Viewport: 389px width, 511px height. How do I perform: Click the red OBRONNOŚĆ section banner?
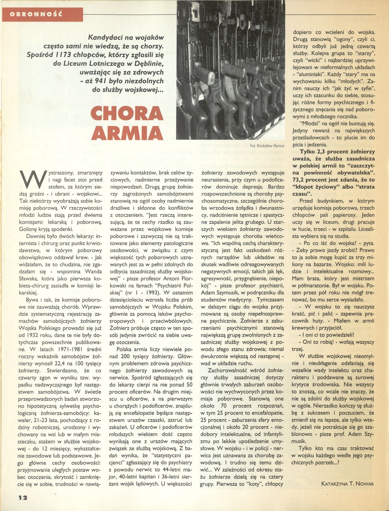42,14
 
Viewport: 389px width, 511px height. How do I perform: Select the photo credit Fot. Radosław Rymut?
267,146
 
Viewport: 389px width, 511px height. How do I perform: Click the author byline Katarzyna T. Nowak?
348,483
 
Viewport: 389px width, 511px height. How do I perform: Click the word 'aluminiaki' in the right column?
312,74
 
